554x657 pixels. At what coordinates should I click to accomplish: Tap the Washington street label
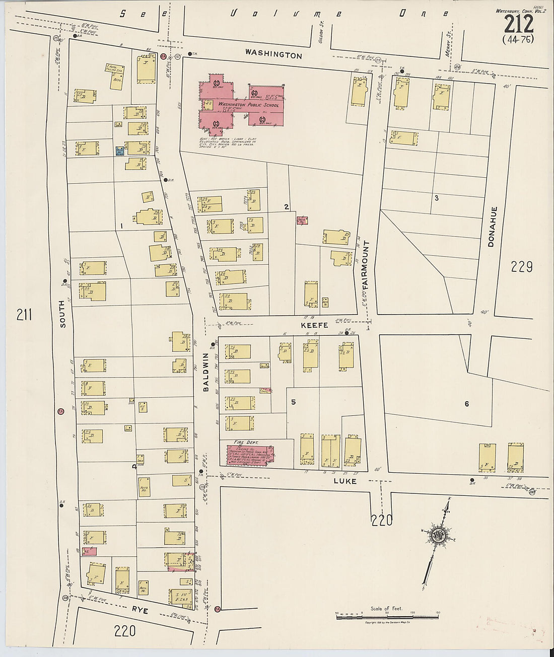[273, 54]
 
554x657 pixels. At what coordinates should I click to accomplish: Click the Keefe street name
[314, 325]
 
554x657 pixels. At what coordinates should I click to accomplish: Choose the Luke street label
[345, 481]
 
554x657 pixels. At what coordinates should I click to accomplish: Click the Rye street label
[140, 610]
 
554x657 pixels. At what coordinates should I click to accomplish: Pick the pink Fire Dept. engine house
[247, 454]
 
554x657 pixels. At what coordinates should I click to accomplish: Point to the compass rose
[436, 535]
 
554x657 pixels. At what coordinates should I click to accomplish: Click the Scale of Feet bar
[387, 616]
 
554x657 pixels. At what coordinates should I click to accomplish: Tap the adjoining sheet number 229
[521, 266]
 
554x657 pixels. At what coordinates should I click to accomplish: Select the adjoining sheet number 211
[24, 315]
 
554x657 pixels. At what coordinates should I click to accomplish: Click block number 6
[466, 403]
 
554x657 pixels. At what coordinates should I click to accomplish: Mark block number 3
[436, 198]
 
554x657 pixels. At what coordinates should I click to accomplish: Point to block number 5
[292, 402]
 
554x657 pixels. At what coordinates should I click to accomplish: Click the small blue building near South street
[120, 150]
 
